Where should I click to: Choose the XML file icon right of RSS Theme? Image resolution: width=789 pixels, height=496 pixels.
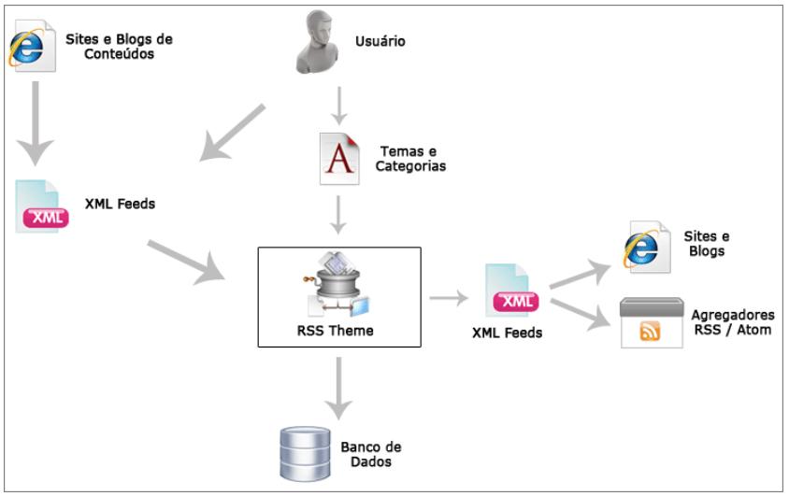coord(510,293)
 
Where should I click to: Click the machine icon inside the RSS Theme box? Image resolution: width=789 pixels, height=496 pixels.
coord(338,282)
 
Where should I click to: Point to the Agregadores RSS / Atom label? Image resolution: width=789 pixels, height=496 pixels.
coord(732,321)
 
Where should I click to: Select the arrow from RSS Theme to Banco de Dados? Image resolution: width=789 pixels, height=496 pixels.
coord(338,387)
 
